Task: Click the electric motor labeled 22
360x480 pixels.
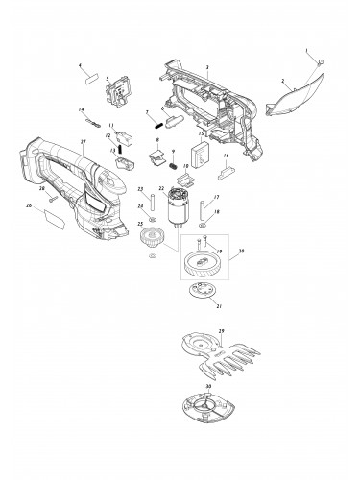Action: pyautogui.click(x=175, y=208)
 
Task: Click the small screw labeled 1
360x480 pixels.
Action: pyautogui.click(x=321, y=61)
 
